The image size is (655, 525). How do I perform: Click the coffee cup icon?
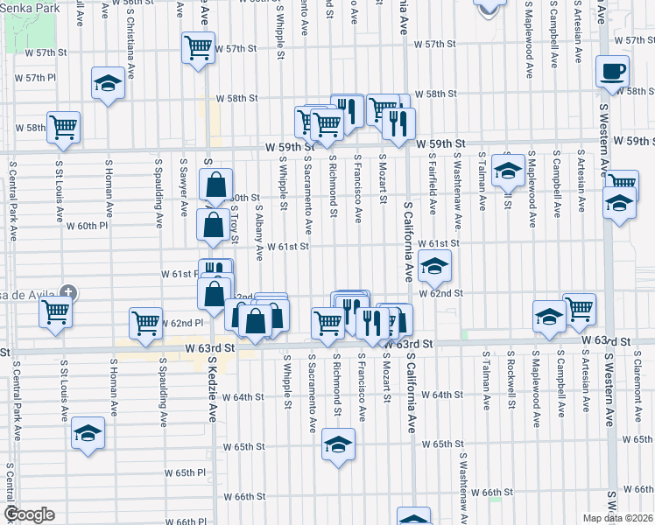(x=612, y=70)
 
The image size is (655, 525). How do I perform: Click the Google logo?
(x=29, y=514)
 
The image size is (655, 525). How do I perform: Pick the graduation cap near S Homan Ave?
(x=108, y=83)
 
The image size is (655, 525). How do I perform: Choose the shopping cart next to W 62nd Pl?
(x=146, y=322)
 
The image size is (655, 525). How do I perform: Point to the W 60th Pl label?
(x=87, y=225)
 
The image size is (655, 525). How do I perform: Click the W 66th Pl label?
(x=185, y=521)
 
